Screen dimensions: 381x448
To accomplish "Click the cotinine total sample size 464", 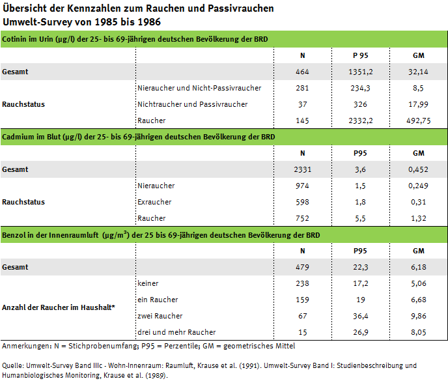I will [302, 72].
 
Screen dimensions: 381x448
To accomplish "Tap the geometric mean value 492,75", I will [419, 120].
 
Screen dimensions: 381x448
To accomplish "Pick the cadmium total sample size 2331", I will [302, 169].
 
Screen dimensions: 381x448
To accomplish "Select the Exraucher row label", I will [155, 202].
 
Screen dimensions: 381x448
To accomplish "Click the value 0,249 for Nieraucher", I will [419, 186].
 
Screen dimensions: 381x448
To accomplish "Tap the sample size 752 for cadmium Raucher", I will [302, 218].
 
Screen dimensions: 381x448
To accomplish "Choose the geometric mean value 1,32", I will [419, 218].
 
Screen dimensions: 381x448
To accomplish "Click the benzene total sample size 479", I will [302, 267].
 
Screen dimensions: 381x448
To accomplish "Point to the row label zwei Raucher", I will [160, 316].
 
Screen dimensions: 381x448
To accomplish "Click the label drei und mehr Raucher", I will [176, 332].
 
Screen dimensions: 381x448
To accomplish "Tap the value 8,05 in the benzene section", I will [419, 332].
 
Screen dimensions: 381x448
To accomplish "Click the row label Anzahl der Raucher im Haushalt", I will [59, 307].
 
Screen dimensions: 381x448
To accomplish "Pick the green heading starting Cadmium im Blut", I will [138, 137].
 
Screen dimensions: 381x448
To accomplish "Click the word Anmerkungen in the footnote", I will [25, 346].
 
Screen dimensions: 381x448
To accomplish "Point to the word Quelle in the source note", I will [14, 365].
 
